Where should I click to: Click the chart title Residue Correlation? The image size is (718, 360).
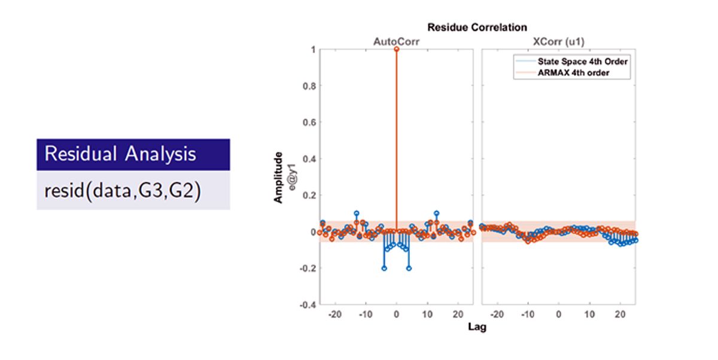coord(477,28)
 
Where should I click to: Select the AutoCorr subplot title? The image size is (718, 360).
coord(396,41)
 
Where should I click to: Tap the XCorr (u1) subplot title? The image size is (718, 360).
coord(558,41)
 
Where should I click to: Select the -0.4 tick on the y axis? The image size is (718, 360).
coord(307,305)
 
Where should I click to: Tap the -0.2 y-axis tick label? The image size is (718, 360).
coord(307,269)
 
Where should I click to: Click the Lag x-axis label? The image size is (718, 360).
coord(477,328)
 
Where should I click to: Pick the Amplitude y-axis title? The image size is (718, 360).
coord(278,177)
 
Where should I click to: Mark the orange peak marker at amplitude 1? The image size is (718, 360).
coord(397,49)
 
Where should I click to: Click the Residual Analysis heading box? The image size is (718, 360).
coord(133,154)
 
